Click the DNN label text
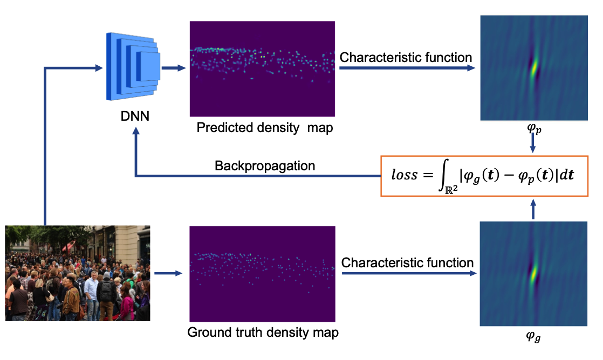point(135,116)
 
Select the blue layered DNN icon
point(133,66)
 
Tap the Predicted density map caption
point(265,128)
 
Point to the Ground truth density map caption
point(263,333)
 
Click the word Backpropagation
point(265,165)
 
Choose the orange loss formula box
point(484,176)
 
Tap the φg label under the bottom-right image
point(533,337)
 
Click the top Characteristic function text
point(406,57)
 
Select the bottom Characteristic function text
point(407,263)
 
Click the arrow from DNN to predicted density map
point(174,68)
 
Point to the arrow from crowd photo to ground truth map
point(168,273)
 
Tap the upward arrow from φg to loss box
point(533,210)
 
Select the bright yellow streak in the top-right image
point(534,68)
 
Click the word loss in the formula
point(404,175)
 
